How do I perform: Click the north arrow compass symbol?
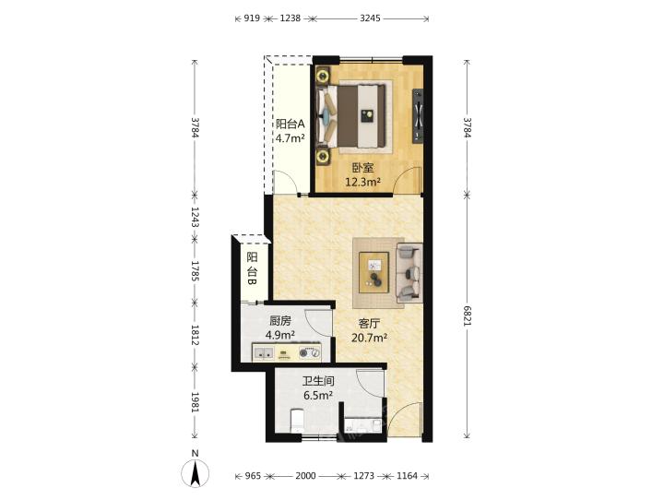click(195, 473)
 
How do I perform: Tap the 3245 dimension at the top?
click(370, 18)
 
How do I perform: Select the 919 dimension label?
click(252, 18)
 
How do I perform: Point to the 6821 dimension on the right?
click(467, 315)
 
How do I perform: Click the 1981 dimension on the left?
click(195, 402)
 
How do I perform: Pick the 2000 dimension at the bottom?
click(305, 476)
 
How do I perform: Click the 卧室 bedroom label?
click(363, 168)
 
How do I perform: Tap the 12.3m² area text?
click(363, 183)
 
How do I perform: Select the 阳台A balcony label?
click(290, 124)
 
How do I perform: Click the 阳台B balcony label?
click(252, 268)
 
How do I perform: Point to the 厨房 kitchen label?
click(280, 321)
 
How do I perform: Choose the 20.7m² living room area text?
click(369, 338)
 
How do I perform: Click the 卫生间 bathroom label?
click(318, 381)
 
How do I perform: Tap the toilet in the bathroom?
click(297, 421)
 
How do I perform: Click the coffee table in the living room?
click(373, 272)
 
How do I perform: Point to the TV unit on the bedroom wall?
click(418, 114)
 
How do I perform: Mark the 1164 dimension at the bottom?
click(407, 476)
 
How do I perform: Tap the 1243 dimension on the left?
click(195, 217)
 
